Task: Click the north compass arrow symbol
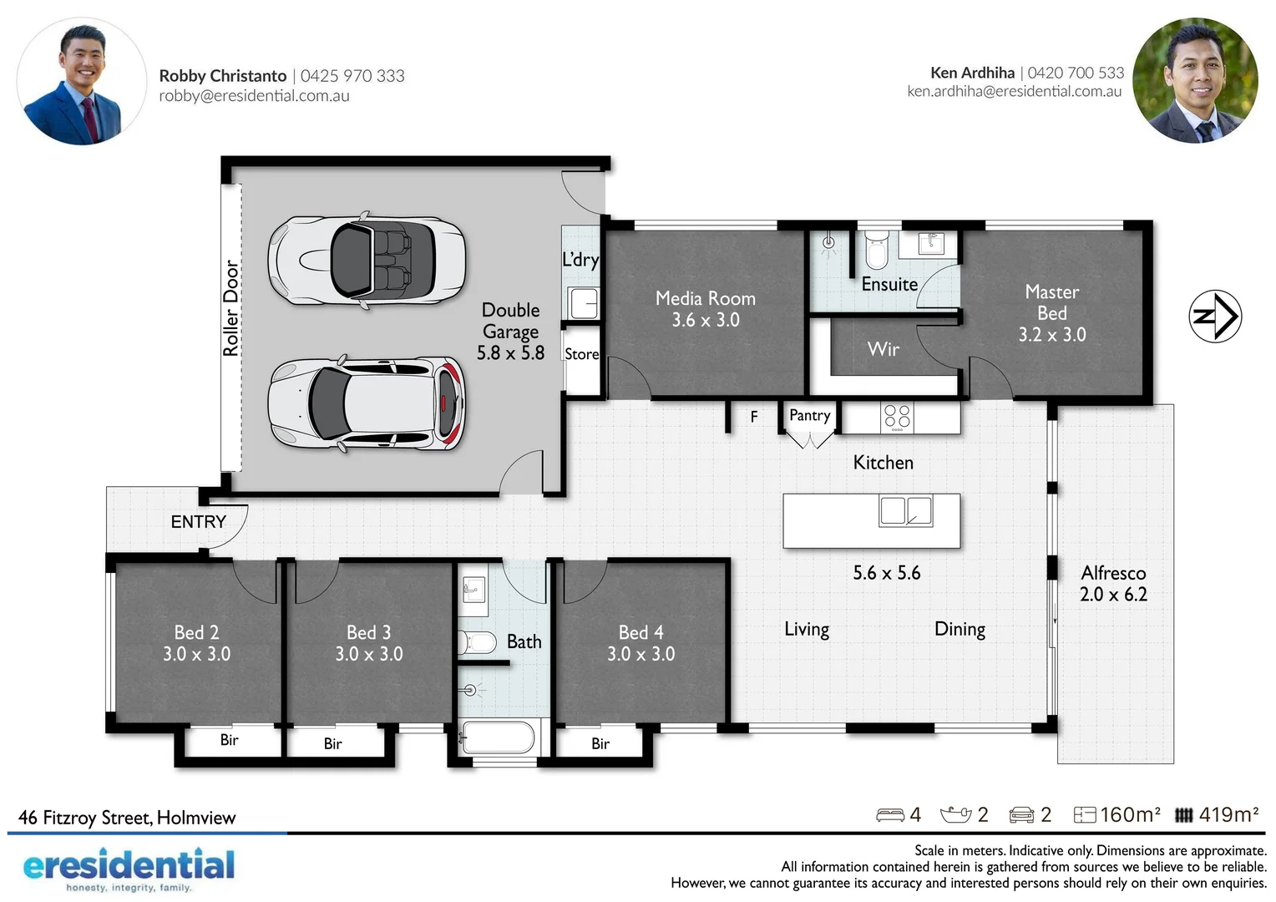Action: (1215, 316)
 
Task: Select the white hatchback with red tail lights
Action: (366, 404)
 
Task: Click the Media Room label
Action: (705, 298)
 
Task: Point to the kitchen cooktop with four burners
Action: (897, 417)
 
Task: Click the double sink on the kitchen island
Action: (905, 510)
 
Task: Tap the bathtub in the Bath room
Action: (498, 738)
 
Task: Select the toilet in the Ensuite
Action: (876, 248)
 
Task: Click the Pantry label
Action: (809, 415)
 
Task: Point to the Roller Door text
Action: (231, 308)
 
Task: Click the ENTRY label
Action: (198, 522)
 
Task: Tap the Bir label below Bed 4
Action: (600, 743)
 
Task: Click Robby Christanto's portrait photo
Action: (82, 82)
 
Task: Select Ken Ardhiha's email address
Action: (1014, 92)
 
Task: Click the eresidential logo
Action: (129, 869)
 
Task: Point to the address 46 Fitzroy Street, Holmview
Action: (127, 818)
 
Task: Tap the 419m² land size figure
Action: (1228, 814)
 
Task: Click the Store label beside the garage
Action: (581, 354)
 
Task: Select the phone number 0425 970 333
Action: (352, 76)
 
